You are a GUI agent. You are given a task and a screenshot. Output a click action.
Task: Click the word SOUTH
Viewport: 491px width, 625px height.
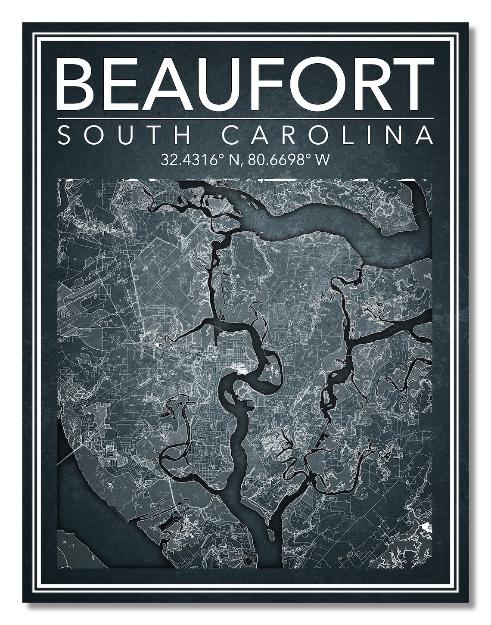pos(124,135)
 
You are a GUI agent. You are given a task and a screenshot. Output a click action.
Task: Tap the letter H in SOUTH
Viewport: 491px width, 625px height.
pos(182,135)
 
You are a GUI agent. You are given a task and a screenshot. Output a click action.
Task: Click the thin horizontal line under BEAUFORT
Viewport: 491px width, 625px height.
pos(245,118)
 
